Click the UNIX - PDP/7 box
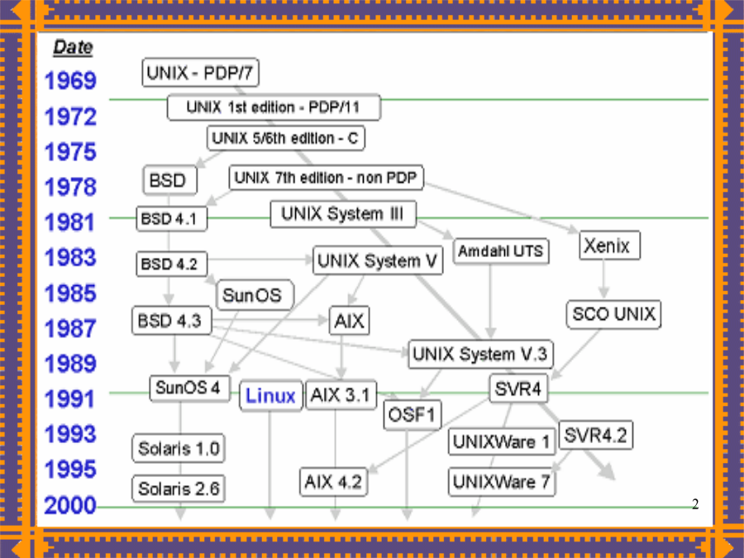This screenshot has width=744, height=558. [x=200, y=73]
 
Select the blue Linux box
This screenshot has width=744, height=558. [x=271, y=396]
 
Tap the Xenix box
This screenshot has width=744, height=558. [x=610, y=246]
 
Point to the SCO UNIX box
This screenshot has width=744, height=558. [x=613, y=314]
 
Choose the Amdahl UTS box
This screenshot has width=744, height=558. [x=501, y=251]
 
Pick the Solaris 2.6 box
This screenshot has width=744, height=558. [x=179, y=489]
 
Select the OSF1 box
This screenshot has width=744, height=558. [x=413, y=415]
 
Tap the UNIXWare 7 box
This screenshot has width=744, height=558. [x=502, y=482]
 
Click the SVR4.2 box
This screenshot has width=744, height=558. [x=595, y=435]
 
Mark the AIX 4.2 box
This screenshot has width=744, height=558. [x=334, y=482]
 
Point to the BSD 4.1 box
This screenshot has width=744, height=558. [x=171, y=219]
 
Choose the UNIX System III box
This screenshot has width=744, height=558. [x=343, y=214]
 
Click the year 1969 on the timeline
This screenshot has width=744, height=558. [x=70, y=81]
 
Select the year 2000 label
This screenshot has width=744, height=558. [x=70, y=505]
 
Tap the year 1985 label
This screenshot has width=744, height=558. [x=70, y=293]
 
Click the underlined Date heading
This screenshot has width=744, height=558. [x=73, y=47]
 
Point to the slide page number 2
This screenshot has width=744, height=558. [x=695, y=504]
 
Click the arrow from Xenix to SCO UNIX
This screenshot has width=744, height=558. [x=603, y=279]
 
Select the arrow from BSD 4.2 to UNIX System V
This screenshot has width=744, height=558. [x=260, y=260]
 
